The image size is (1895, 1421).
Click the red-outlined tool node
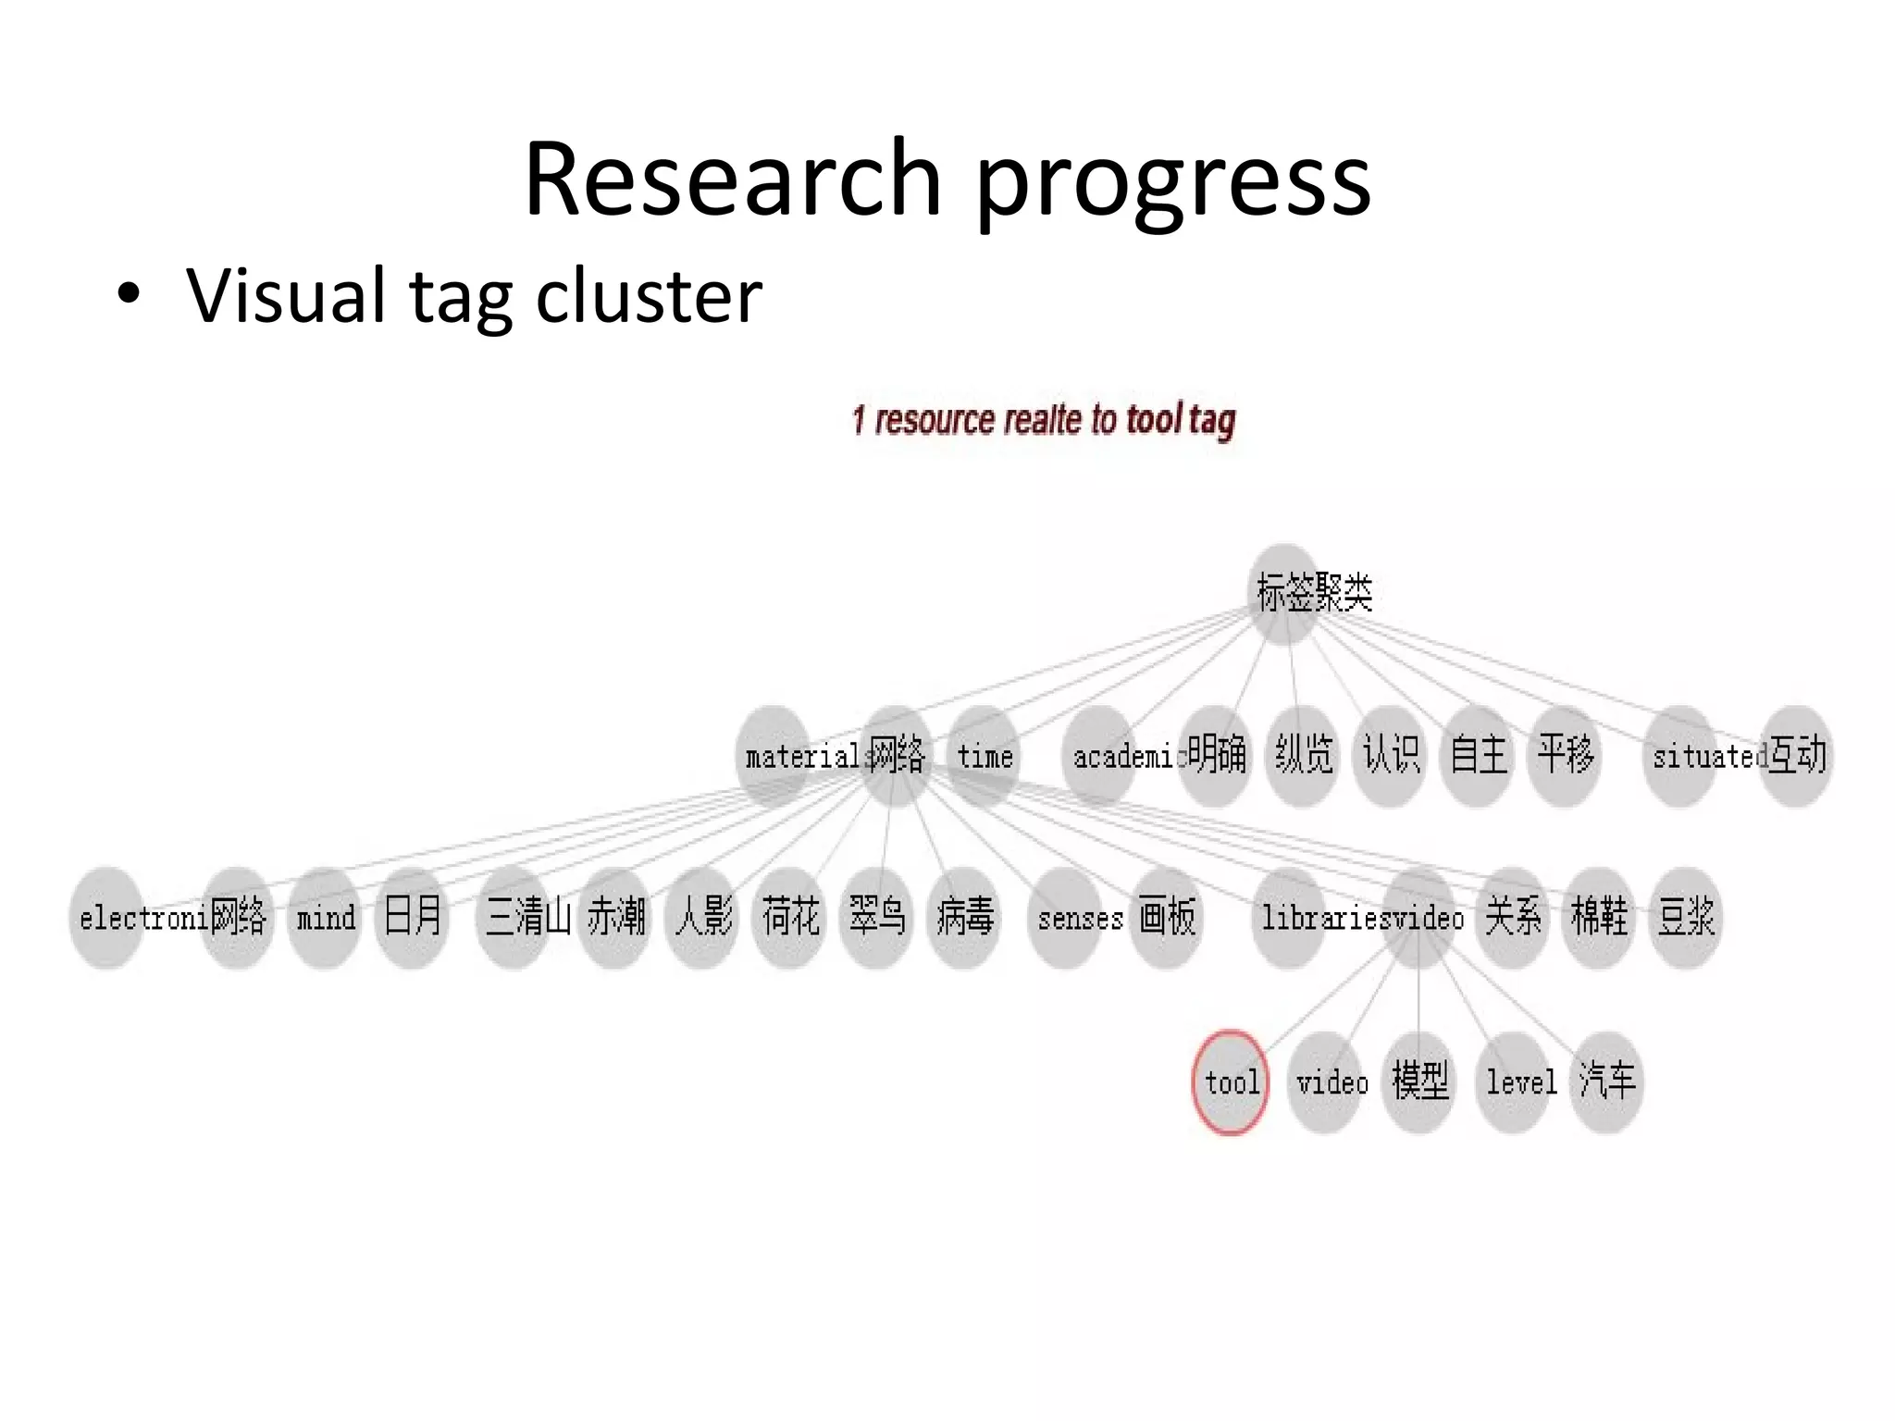[1230, 1081]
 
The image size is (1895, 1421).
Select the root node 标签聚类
[1285, 593]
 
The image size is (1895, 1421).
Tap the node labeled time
[984, 756]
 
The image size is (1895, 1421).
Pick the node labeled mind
[325, 918]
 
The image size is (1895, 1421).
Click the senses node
[1066, 918]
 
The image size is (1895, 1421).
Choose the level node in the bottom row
[1513, 1081]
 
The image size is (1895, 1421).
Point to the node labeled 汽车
[1607, 1081]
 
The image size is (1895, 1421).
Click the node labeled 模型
[1419, 1081]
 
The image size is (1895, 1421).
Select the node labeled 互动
[1796, 755]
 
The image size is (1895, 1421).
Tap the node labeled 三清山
[514, 918]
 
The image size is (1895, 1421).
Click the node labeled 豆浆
[1686, 917]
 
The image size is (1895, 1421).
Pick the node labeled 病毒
[964, 917]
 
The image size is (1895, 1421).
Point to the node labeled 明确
[1216, 755]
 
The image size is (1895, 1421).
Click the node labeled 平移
[1565, 755]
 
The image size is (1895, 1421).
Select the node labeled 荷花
[789, 917]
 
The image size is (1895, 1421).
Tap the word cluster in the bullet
[649, 296]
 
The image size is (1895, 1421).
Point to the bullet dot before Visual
[130, 295]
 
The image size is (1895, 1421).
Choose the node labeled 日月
[413, 917]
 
